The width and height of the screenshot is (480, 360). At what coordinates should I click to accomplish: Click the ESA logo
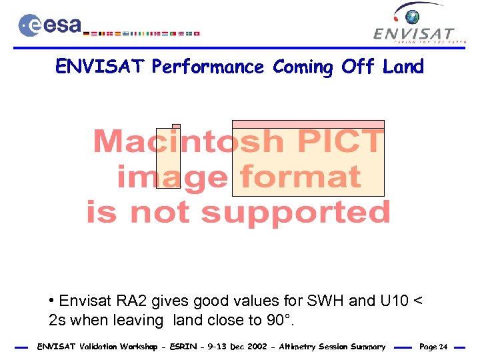coord(49,25)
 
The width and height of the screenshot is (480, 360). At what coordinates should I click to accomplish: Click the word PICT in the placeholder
coord(339,141)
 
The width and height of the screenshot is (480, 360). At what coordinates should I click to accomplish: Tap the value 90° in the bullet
coord(279,320)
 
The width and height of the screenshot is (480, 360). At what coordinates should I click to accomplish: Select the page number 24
coord(443,347)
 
